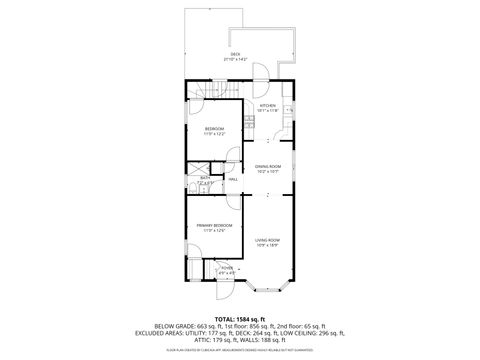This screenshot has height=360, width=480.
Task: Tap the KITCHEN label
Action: point(267,105)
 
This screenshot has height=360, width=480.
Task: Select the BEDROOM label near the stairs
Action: point(215,129)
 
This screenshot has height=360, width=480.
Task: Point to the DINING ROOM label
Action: point(267,167)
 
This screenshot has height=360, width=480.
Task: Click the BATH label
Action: point(203,178)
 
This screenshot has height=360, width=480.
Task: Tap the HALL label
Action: point(232,179)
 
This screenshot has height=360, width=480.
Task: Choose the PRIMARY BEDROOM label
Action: point(214,226)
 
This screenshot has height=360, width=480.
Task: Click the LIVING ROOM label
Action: point(267,240)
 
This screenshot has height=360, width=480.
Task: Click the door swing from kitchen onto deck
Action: point(256,73)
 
